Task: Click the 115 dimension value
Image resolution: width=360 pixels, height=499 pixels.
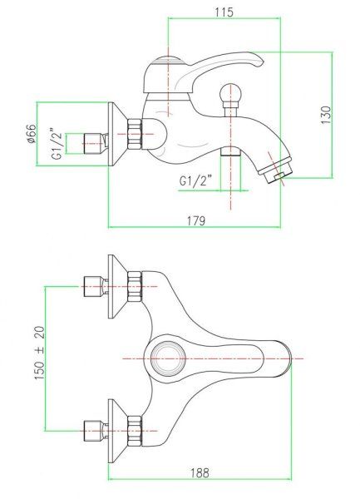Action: pos(223,12)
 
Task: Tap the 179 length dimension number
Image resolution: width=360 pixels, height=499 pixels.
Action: pos(197,220)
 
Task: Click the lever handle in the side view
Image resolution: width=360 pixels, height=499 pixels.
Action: pos(208,67)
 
